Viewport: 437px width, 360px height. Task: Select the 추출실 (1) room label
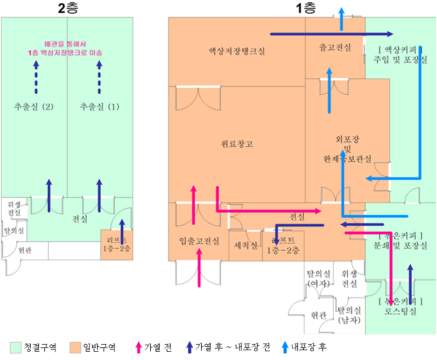(99, 106)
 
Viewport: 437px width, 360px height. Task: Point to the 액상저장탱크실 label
(236, 51)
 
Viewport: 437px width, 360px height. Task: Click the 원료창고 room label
(237, 144)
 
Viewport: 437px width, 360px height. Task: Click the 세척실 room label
(245, 245)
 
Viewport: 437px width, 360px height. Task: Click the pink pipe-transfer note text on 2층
(65, 49)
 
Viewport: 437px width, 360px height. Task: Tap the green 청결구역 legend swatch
(15, 347)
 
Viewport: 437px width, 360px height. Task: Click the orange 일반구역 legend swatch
(76, 347)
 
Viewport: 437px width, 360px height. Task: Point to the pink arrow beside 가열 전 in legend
(138, 347)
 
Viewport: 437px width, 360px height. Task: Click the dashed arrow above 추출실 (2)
(36, 77)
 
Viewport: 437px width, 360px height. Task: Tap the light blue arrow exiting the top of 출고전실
(340, 19)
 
